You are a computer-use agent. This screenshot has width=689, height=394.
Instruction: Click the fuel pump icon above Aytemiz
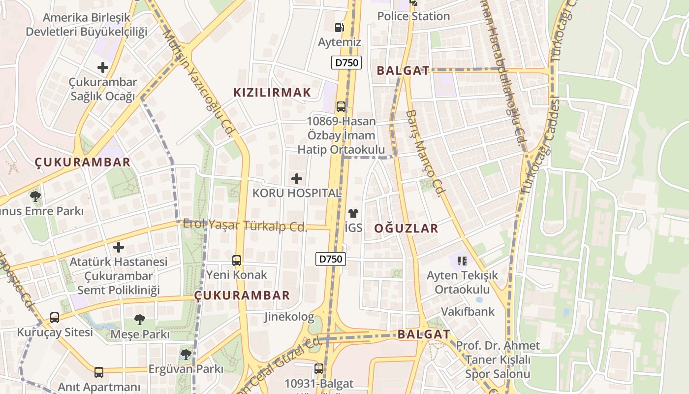tap(340, 28)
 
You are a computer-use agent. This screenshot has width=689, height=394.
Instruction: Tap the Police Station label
tap(413, 16)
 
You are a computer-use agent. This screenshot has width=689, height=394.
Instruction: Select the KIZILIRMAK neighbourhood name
tap(272, 93)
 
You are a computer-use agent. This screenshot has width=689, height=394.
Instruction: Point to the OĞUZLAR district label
tap(406, 229)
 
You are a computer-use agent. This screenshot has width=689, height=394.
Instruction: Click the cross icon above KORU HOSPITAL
tap(297, 179)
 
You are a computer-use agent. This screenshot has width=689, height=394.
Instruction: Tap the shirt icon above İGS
tap(353, 213)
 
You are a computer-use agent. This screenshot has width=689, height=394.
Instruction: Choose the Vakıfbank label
tap(468, 312)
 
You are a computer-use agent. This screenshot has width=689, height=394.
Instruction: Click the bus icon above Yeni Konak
tap(237, 260)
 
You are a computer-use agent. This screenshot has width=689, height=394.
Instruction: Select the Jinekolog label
tap(289, 317)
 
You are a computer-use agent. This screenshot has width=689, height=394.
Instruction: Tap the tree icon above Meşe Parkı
tap(140, 320)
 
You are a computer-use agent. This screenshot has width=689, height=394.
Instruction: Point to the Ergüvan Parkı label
tap(186, 369)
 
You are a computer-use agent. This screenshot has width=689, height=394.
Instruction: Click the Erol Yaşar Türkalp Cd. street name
tap(245, 226)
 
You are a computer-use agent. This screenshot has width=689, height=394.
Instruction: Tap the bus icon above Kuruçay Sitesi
tap(55, 318)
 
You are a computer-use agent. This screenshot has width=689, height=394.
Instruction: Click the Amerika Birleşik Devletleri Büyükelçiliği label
tap(87, 25)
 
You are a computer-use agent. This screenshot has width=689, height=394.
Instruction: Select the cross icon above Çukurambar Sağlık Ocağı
tap(103, 67)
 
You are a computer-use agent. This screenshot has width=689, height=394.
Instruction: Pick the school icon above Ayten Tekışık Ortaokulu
tap(462, 260)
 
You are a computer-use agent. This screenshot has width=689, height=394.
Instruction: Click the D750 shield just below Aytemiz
tap(346, 63)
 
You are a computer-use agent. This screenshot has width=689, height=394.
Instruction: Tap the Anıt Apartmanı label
tap(99, 387)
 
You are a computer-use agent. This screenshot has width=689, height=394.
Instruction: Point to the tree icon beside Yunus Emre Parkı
tap(35, 197)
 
